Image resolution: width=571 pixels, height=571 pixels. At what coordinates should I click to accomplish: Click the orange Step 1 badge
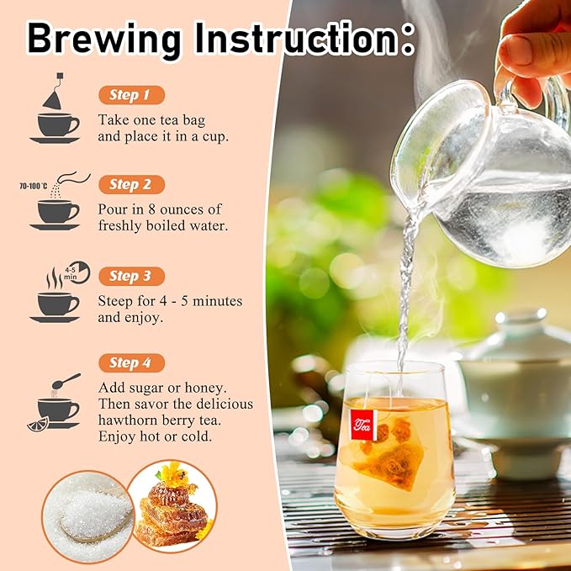click(132, 95)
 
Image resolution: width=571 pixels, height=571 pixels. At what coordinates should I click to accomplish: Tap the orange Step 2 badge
click(132, 185)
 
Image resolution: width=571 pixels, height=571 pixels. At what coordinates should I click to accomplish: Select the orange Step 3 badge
click(132, 277)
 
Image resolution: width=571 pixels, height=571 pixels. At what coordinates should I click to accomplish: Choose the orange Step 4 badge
click(132, 362)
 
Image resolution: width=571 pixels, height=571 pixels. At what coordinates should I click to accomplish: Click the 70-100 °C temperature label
click(33, 187)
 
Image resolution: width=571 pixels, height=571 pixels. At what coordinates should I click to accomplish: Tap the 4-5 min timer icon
click(77, 272)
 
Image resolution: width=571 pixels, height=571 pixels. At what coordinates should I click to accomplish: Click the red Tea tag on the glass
click(362, 425)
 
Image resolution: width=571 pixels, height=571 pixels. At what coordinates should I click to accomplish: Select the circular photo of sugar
click(87, 517)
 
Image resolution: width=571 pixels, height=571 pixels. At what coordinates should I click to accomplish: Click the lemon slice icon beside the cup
click(38, 424)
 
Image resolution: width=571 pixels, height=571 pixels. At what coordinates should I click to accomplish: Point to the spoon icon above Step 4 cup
click(66, 381)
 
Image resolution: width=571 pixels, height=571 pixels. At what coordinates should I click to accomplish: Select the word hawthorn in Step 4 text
click(127, 420)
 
